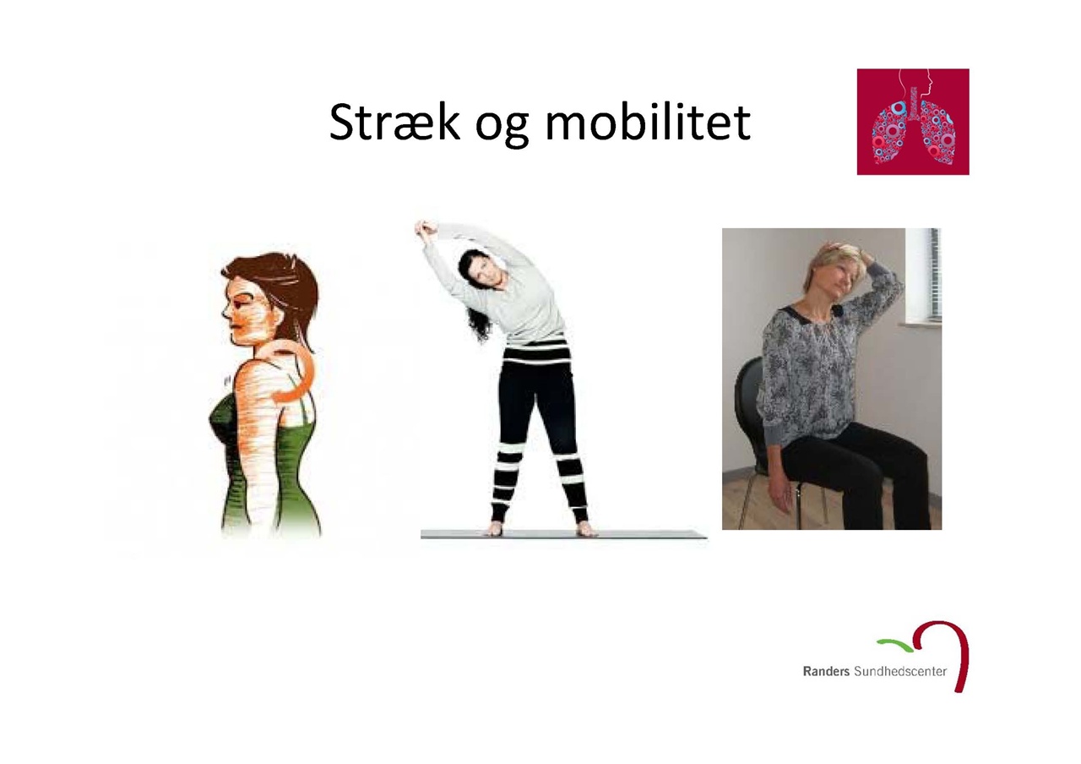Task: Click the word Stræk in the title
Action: click(x=394, y=122)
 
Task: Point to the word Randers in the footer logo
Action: click(x=826, y=671)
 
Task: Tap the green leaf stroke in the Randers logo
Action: click(x=896, y=644)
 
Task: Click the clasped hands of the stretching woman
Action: click(x=426, y=227)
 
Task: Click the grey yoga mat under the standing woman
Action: click(x=563, y=533)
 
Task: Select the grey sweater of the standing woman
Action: click(x=512, y=295)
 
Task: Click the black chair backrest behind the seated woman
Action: click(x=747, y=411)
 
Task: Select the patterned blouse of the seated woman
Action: click(x=820, y=367)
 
